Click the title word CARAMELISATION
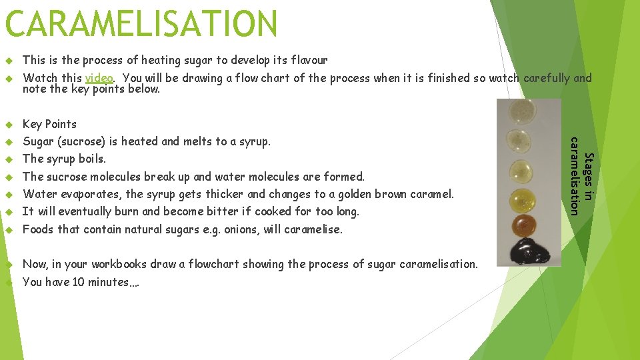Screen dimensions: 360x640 pyautogui.click(x=141, y=24)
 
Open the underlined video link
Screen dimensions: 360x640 pyautogui.click(x=99, y=78)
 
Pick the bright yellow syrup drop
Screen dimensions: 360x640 pyautogui.click(x=523, y=199)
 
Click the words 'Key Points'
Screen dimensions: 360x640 pyautogui.click(x=49, y=124)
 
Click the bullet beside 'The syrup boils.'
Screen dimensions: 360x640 pyautogui.click(x=9, y=159)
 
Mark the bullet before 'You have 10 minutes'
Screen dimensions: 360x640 pyautogui.click(x=9, y=283)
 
